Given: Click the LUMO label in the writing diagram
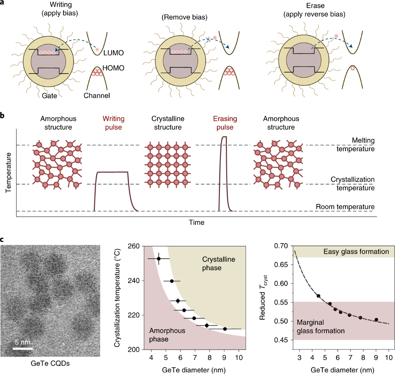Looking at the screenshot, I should pyautogui.click(x=114, y=53).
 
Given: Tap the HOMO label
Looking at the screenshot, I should pyautogui.click(x=113, y=68).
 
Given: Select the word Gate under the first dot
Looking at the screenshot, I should pyautogui.click(x=49, y=96).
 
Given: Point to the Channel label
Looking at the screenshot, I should pyautogui.click(x=97, y=96).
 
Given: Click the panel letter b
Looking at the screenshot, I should pyautogui.click(x=3, y=116).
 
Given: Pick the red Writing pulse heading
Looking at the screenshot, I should pyautogui.click(x=114, y=123).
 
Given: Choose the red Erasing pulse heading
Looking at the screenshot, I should pyautogui.click(x=225, y=123).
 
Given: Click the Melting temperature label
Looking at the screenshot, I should pyautogui.click(x=355, y=145).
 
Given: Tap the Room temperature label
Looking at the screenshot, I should pyautogui.click(x=345, y=207).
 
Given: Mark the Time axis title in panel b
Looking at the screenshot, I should pyautogui.click(x=197, y=222).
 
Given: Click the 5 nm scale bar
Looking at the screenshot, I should pyautogui.click(x=23, y=348).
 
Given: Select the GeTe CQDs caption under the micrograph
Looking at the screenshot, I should pyautogui.click(x=50, y=363).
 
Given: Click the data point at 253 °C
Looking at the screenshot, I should pyautogui.click(x=159, y=259).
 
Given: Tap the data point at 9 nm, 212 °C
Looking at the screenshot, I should pyautogui.click(x=225, y=329).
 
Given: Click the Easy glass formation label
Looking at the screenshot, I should pyautogui.click(x=356, y=252).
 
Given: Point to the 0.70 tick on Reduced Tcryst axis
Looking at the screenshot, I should pyautogui.click(x=281, y=246).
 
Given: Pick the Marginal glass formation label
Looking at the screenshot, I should pyautogui.click(x=321, y=327).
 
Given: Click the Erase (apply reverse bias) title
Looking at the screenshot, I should pyautogui.click(x=314, y=10).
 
